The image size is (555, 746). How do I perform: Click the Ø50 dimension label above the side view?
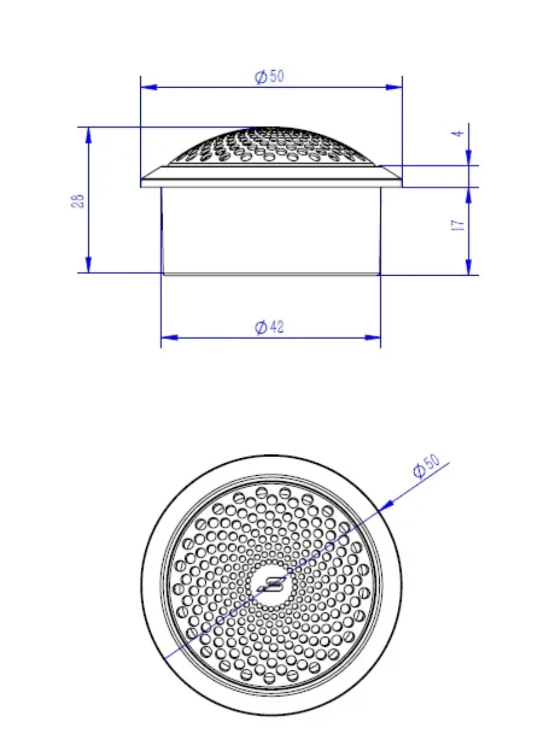[269, 77]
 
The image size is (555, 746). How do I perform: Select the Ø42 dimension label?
[269, 327]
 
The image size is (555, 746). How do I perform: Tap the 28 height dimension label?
[78, 201]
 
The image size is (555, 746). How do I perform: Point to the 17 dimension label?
[458, 225]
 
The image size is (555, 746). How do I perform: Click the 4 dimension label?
[458, 134]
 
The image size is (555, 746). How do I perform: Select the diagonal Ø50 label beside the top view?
[426, 465]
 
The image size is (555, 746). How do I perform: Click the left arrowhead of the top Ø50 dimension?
[149, 88]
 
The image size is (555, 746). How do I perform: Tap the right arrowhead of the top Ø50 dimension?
[394, 88]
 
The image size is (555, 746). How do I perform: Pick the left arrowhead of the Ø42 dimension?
[169, 337]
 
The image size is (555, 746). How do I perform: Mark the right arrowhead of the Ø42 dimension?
[372, 337]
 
